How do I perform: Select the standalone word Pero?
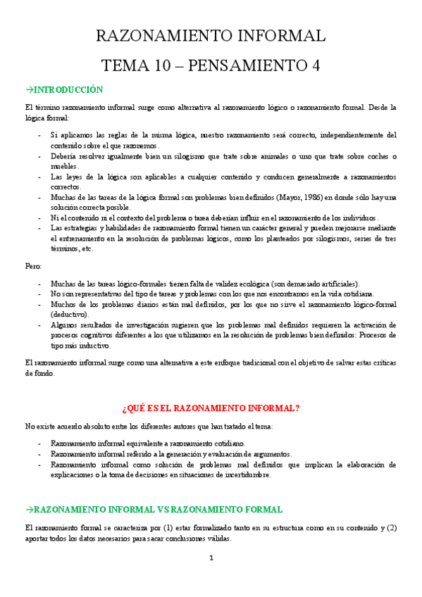[33, 266]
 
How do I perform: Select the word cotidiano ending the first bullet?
[225, 444]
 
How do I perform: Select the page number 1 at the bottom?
[211, 558]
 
